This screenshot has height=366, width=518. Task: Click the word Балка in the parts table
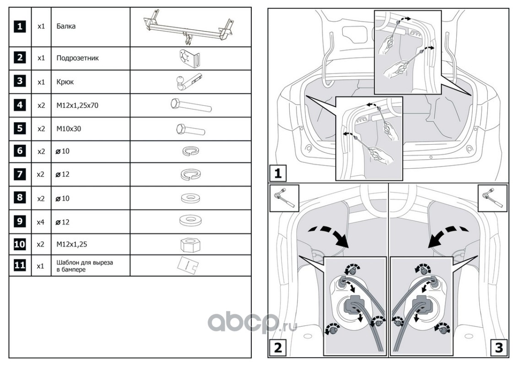coord(66,26)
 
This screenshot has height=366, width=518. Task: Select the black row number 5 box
coord(20,128)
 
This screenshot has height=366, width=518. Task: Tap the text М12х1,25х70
coord(77,105)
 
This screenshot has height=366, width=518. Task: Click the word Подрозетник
coord(78,58)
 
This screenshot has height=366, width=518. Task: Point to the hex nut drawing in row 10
coord(191,245)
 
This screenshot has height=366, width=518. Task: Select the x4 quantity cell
coord(41,222)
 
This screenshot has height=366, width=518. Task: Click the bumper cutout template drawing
coord(188,265)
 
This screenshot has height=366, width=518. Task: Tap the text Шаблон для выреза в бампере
coord(85,266)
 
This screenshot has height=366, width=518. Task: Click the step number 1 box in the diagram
coord(277,173)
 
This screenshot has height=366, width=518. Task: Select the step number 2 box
coord(277,348)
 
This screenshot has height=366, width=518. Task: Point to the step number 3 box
coord(499,348)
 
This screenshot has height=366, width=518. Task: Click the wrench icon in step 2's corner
coord(285,198)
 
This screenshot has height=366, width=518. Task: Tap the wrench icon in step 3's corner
coord(492,198)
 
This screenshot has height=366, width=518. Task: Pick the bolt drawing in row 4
coord(191,105)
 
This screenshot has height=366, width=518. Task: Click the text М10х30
coord(69,129)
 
